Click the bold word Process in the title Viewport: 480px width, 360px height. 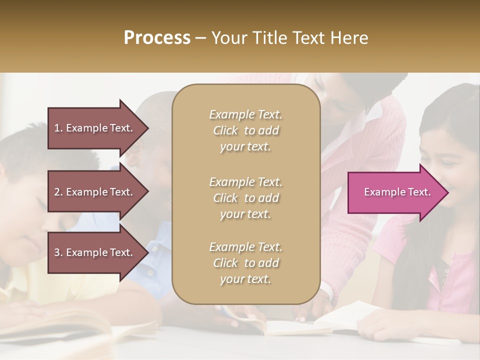(x=157, y=38)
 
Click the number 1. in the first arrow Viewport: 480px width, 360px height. (x=58, y=128)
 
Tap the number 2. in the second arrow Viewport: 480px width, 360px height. (x=58, y=192)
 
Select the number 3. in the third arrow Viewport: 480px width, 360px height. (x=58, y=252)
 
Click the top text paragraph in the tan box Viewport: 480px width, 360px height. (x=245, y=130)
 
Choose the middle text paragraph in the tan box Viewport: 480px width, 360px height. (x=245, y=198)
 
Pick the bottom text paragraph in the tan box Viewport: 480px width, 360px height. (x=245, y=263)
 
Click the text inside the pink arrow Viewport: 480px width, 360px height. (x=397, y=192)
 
